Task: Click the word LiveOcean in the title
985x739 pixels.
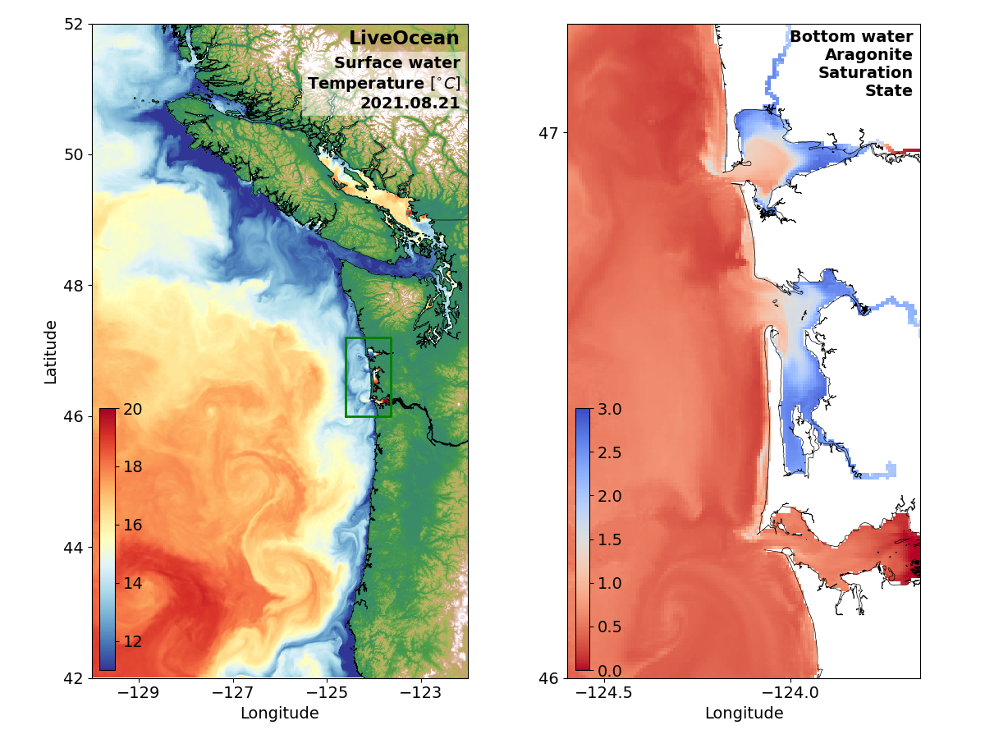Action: [404, 39]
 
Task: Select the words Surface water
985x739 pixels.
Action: [396, 63]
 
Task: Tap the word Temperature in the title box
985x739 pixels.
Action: [365, 84]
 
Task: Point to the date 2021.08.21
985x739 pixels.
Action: [410, 103]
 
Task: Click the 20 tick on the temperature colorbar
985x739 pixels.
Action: [132, 409]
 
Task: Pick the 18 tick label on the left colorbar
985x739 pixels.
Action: [132, 467]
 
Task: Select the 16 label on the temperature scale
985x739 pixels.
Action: [132, 526]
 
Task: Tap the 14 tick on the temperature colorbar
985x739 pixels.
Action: [132, 584]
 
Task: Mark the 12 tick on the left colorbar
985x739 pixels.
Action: [132, 641]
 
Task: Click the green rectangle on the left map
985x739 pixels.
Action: [368, 338]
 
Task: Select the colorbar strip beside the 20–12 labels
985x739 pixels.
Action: [108, 539]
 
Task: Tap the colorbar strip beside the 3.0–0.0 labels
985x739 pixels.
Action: [583, 539]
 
